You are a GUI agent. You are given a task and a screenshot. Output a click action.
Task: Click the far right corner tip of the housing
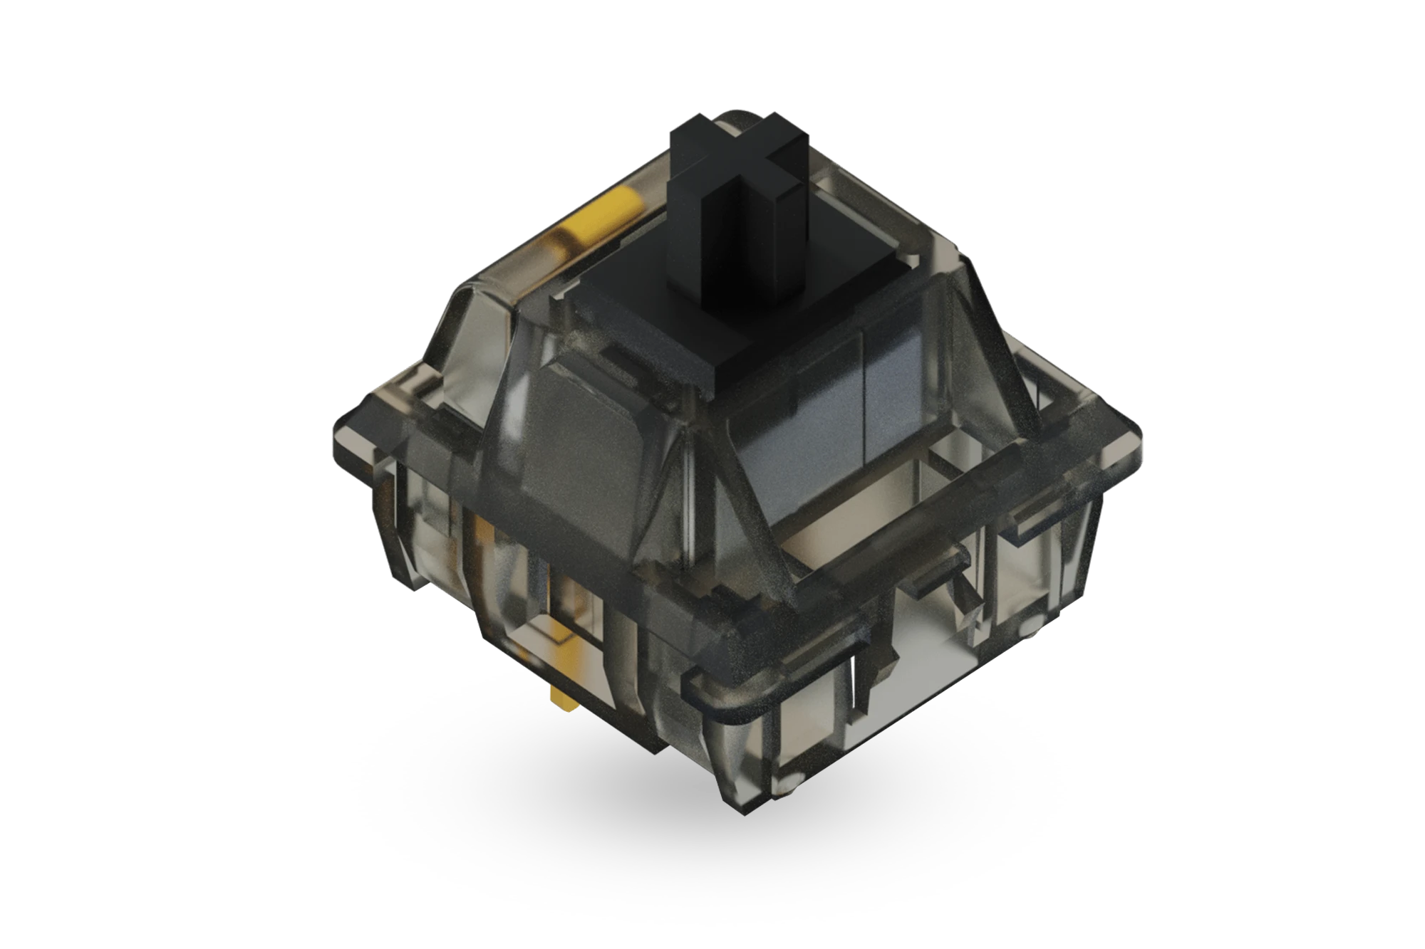pyautogui.click(x=1140, y=434)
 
